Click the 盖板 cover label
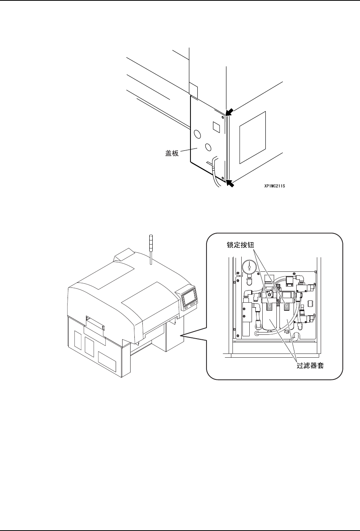[x=172, y=155]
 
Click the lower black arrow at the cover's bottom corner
[x=230, y=184]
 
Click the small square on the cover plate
[x=216, y=126]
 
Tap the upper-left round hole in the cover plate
[x=197, y=134]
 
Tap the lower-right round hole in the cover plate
[x=208, y=147]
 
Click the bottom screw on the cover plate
[x=223, y=177]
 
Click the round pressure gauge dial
[x=249, y=266]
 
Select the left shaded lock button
[x=270, y=304]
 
